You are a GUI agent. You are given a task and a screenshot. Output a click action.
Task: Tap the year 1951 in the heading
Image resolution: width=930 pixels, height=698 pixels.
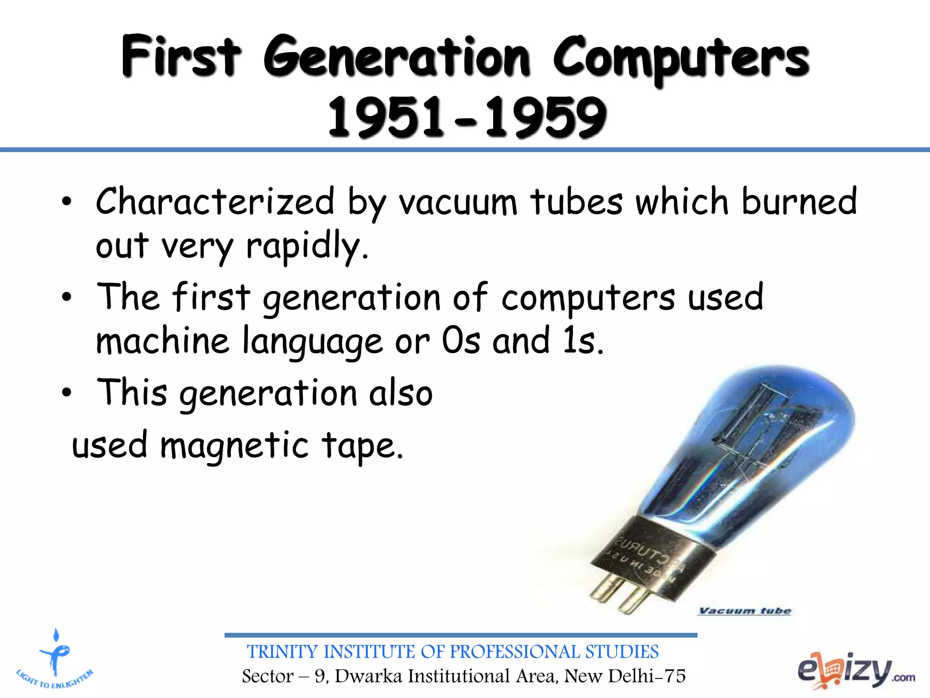[x=385, y=117]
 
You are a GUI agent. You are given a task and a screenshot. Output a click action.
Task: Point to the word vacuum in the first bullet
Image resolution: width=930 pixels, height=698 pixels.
[x=458, y=203]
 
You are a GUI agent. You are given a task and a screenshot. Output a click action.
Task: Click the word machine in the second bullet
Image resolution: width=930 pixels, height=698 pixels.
[x=163, y=341]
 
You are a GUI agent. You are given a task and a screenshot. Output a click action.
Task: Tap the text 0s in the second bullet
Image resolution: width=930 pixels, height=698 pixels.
[x=461, y=341]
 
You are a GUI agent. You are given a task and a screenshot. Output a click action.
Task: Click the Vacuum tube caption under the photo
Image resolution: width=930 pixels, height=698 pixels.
[x=745, y=611]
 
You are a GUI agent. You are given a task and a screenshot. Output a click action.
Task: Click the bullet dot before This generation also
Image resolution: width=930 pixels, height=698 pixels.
[x=67, y=392]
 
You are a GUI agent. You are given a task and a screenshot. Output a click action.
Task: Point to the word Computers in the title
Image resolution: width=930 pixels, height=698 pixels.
[x=681, y=58]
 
